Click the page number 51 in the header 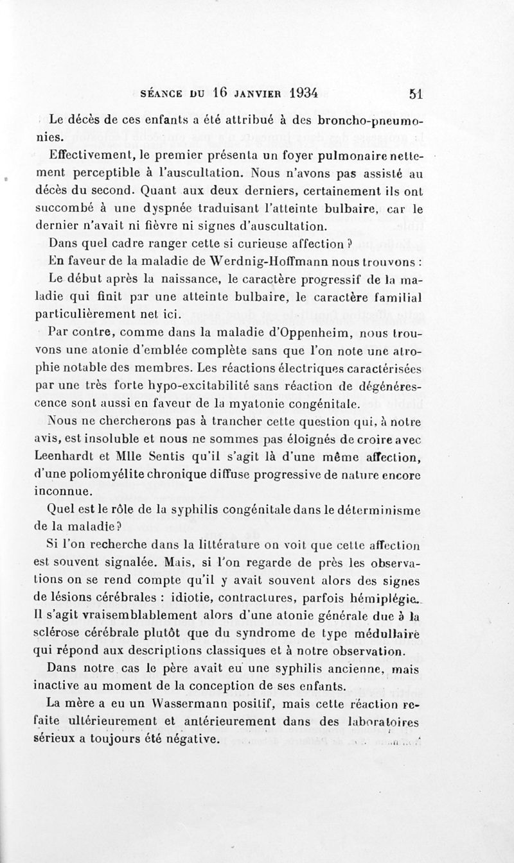[414, 92]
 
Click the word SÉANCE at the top [163, 93]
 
